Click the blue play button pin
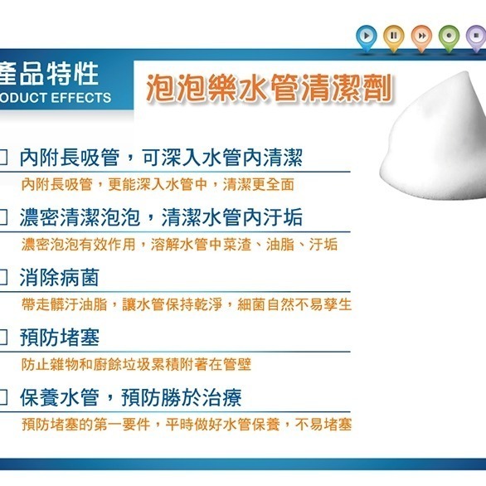(366, 36)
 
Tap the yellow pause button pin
(394, 36)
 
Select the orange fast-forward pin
(421, 36)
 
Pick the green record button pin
(449, 36)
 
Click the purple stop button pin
(475, 36)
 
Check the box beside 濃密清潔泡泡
(4, 217)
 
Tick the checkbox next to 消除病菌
(4, 277)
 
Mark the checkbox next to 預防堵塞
(4, 338)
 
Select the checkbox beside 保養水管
(4, 398)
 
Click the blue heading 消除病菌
(59, 277)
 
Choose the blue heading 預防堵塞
(59, 338)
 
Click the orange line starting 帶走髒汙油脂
(187, 304)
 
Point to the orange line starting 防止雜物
(136, 364)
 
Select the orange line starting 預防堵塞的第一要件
(187, 425)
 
